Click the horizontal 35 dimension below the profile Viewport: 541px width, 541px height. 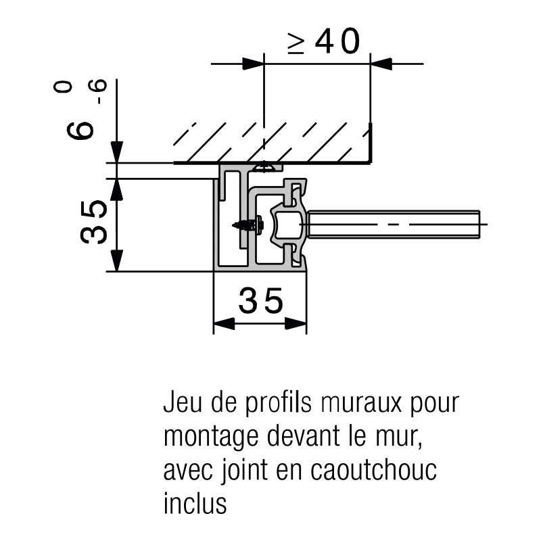click(261, 301)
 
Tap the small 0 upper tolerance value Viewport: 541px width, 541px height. click(63, 87)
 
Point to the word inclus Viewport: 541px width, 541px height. click(195, 504)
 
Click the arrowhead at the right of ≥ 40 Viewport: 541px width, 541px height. click(381, 64)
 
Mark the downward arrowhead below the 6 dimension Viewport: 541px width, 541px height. click(118, 151)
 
